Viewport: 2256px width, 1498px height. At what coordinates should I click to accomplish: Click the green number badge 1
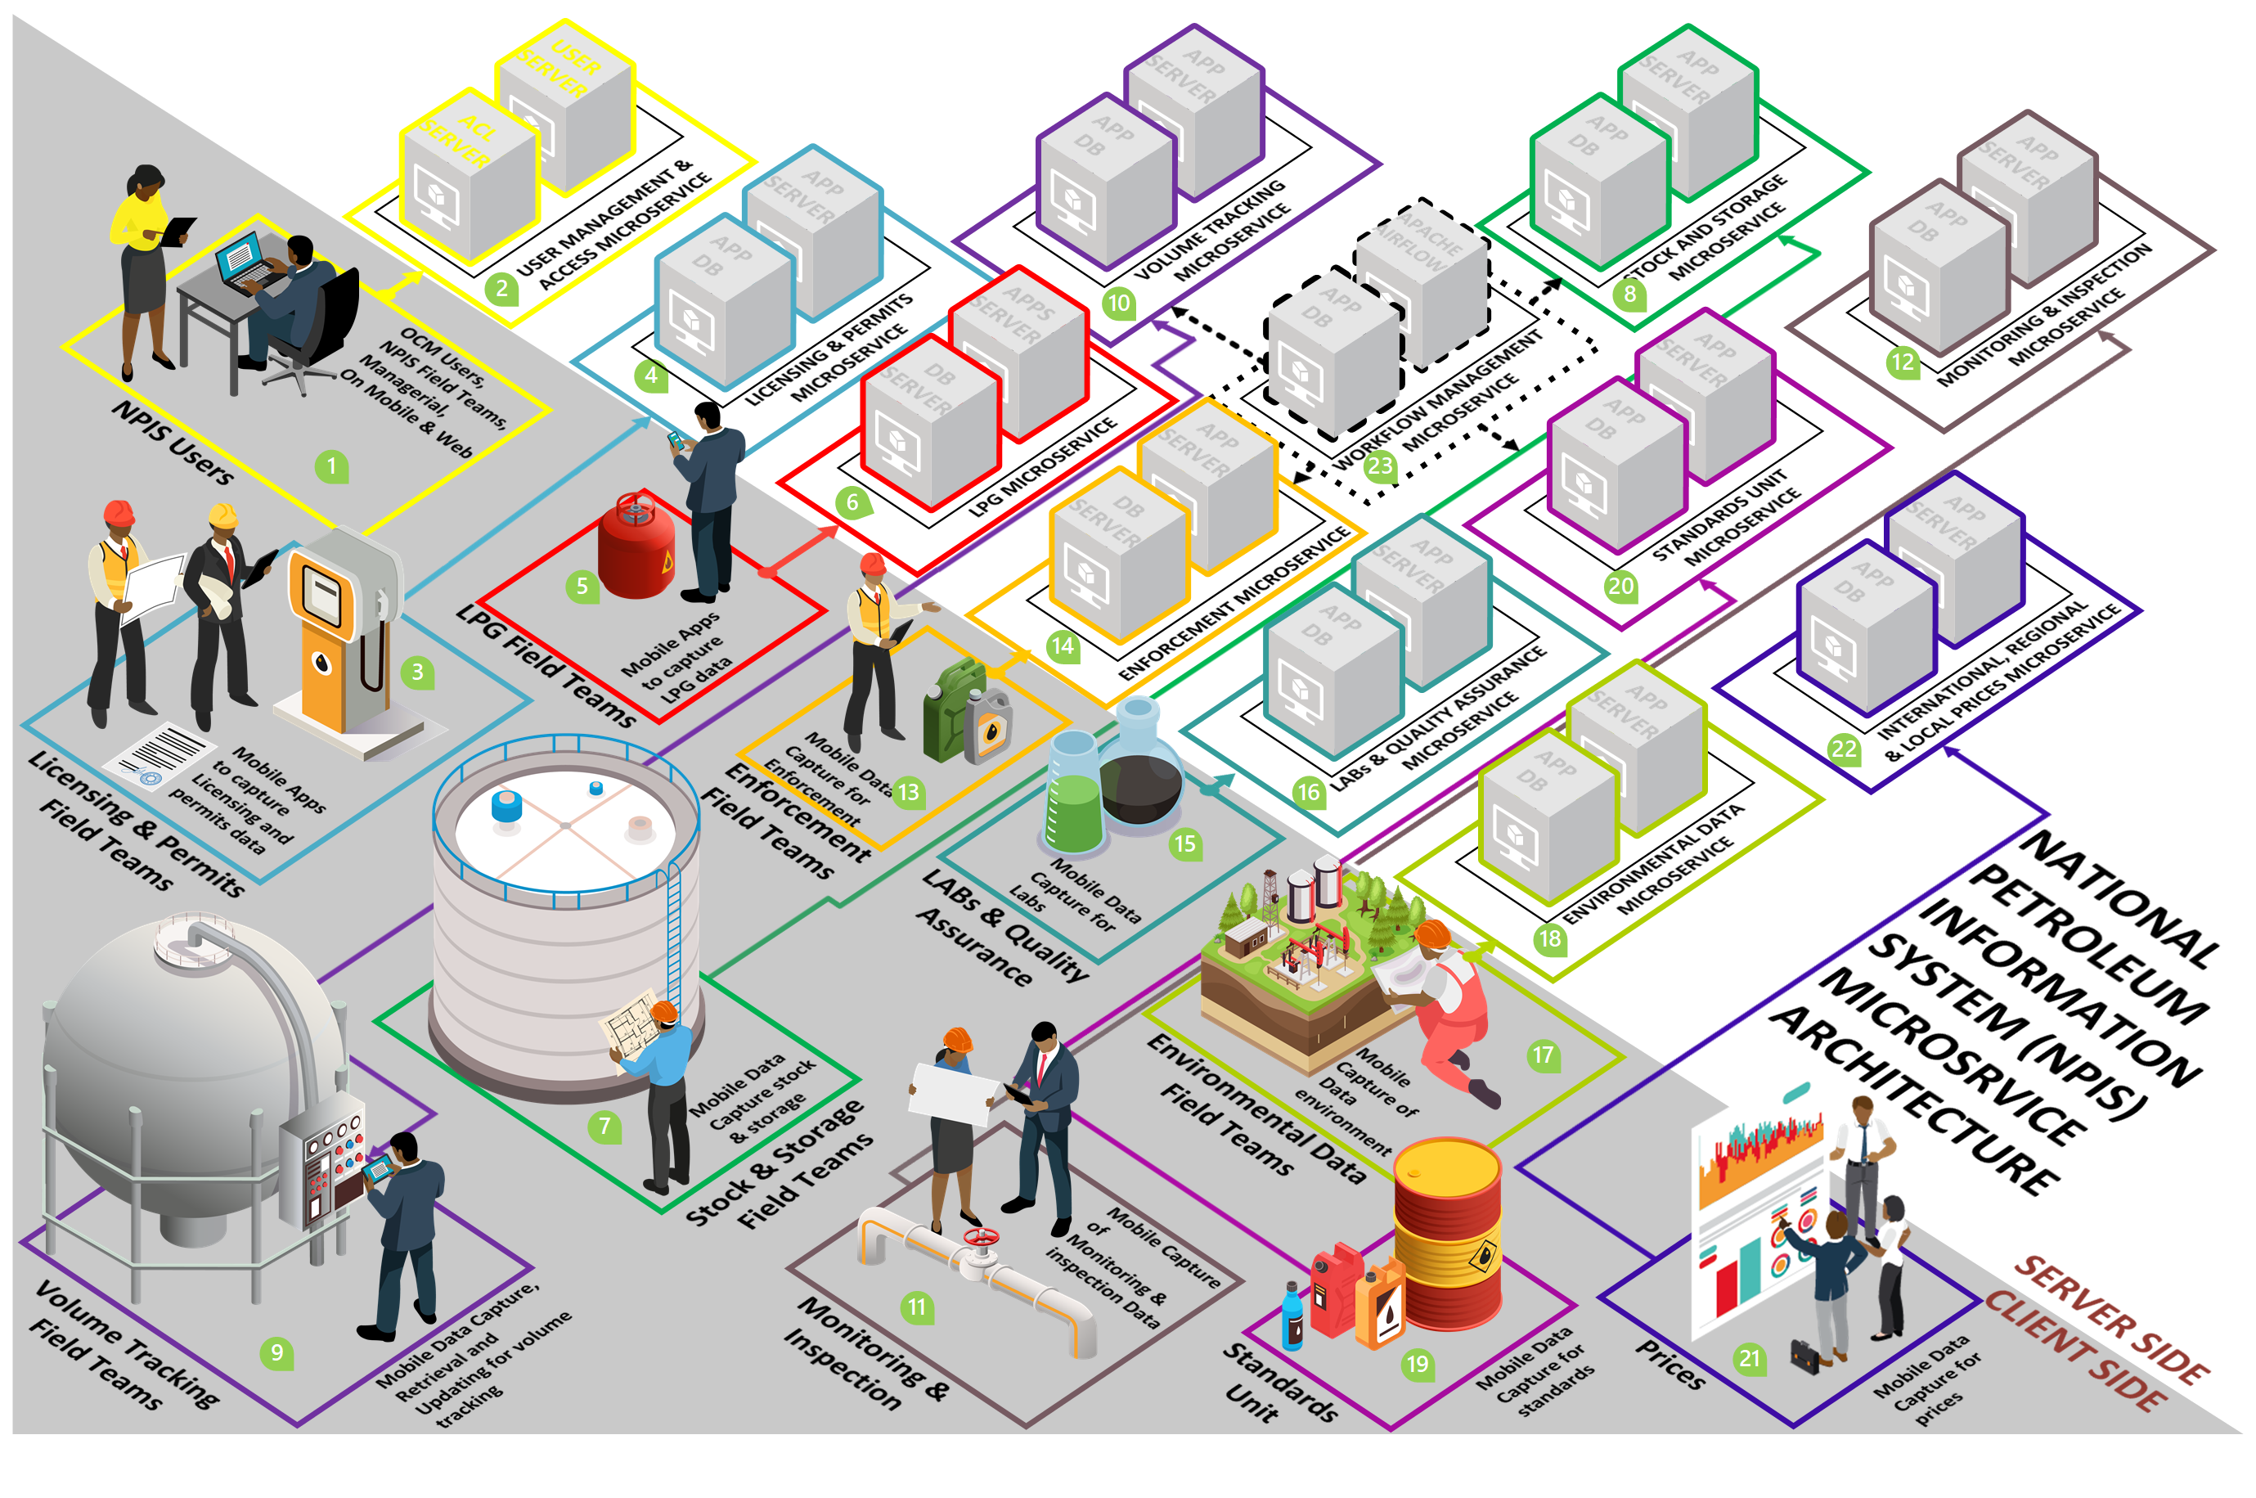pos(331,466)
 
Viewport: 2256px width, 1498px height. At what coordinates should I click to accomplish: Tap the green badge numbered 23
pos(1380,466)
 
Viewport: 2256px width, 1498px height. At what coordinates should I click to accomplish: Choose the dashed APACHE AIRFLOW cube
pos(1421,281)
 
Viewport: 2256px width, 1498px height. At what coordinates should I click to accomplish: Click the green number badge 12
pos(1903,362)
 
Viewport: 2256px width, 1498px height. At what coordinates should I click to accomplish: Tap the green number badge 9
pos(277,1352)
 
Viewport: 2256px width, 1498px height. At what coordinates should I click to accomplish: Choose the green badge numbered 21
pos(1749,1357)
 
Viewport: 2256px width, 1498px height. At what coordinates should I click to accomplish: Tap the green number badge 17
pos(1543,1055)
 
